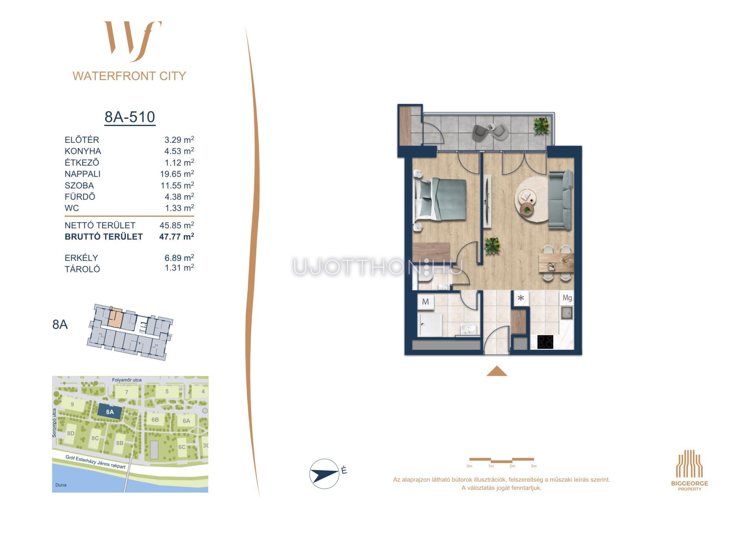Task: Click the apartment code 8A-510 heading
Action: [130, 117]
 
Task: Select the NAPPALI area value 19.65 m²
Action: [177, 174]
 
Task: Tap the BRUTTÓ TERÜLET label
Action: [104, 237]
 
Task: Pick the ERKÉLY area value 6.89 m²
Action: [179, 258]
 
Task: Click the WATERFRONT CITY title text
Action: [129, 76]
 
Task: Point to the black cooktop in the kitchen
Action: [545, 342]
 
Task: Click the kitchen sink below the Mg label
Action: [567, 313]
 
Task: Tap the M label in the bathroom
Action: [425, 302]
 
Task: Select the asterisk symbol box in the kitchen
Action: [521, 298]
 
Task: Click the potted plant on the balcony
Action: [541, 126]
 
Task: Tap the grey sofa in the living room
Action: [561, 200]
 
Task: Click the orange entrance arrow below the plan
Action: [497, 371]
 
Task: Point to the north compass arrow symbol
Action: [324, 473]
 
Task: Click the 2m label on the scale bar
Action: [512, 466]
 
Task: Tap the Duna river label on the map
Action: [61, 485]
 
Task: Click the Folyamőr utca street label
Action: [127, 380]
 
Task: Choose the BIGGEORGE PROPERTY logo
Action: [689, 470]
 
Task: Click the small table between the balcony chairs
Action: [490, 127]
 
